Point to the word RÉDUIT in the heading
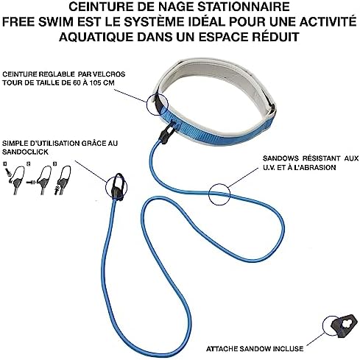tap(272, 37)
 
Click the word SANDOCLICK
tap(25, 152)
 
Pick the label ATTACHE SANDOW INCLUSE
tap(255, 349)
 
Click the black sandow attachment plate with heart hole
tap(343, 325)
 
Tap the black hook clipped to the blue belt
tap(168, 132)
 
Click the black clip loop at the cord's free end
tap(117, 186)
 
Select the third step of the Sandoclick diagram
tap(63, 180)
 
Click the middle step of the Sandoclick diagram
tap(40, 180)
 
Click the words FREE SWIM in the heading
tap(38, 21)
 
